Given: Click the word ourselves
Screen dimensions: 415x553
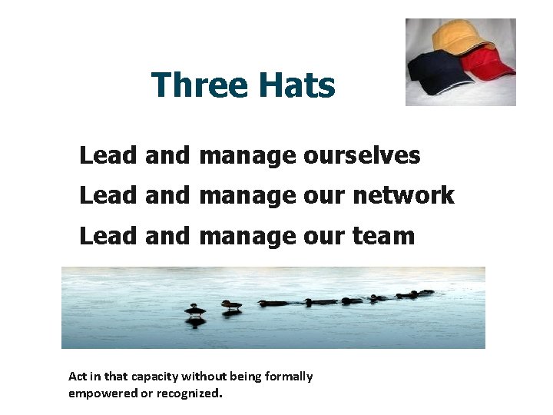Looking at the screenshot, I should pos(362,156).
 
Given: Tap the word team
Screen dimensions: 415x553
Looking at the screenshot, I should pos(383,235).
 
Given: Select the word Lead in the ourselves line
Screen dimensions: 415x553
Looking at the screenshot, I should pos(108,156).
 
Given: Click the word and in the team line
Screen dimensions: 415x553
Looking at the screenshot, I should pos(166,235).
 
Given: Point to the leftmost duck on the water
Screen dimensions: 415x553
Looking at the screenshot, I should pos(195,310).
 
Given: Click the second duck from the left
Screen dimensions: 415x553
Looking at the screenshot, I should pos(231,305).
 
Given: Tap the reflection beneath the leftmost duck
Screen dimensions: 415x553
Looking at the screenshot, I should pos(195,321).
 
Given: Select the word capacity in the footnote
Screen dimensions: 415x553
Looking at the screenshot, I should pos(154,377).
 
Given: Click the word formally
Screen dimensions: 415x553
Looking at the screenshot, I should pos(288,377).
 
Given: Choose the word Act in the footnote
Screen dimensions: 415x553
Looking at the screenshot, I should pos(77,377).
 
